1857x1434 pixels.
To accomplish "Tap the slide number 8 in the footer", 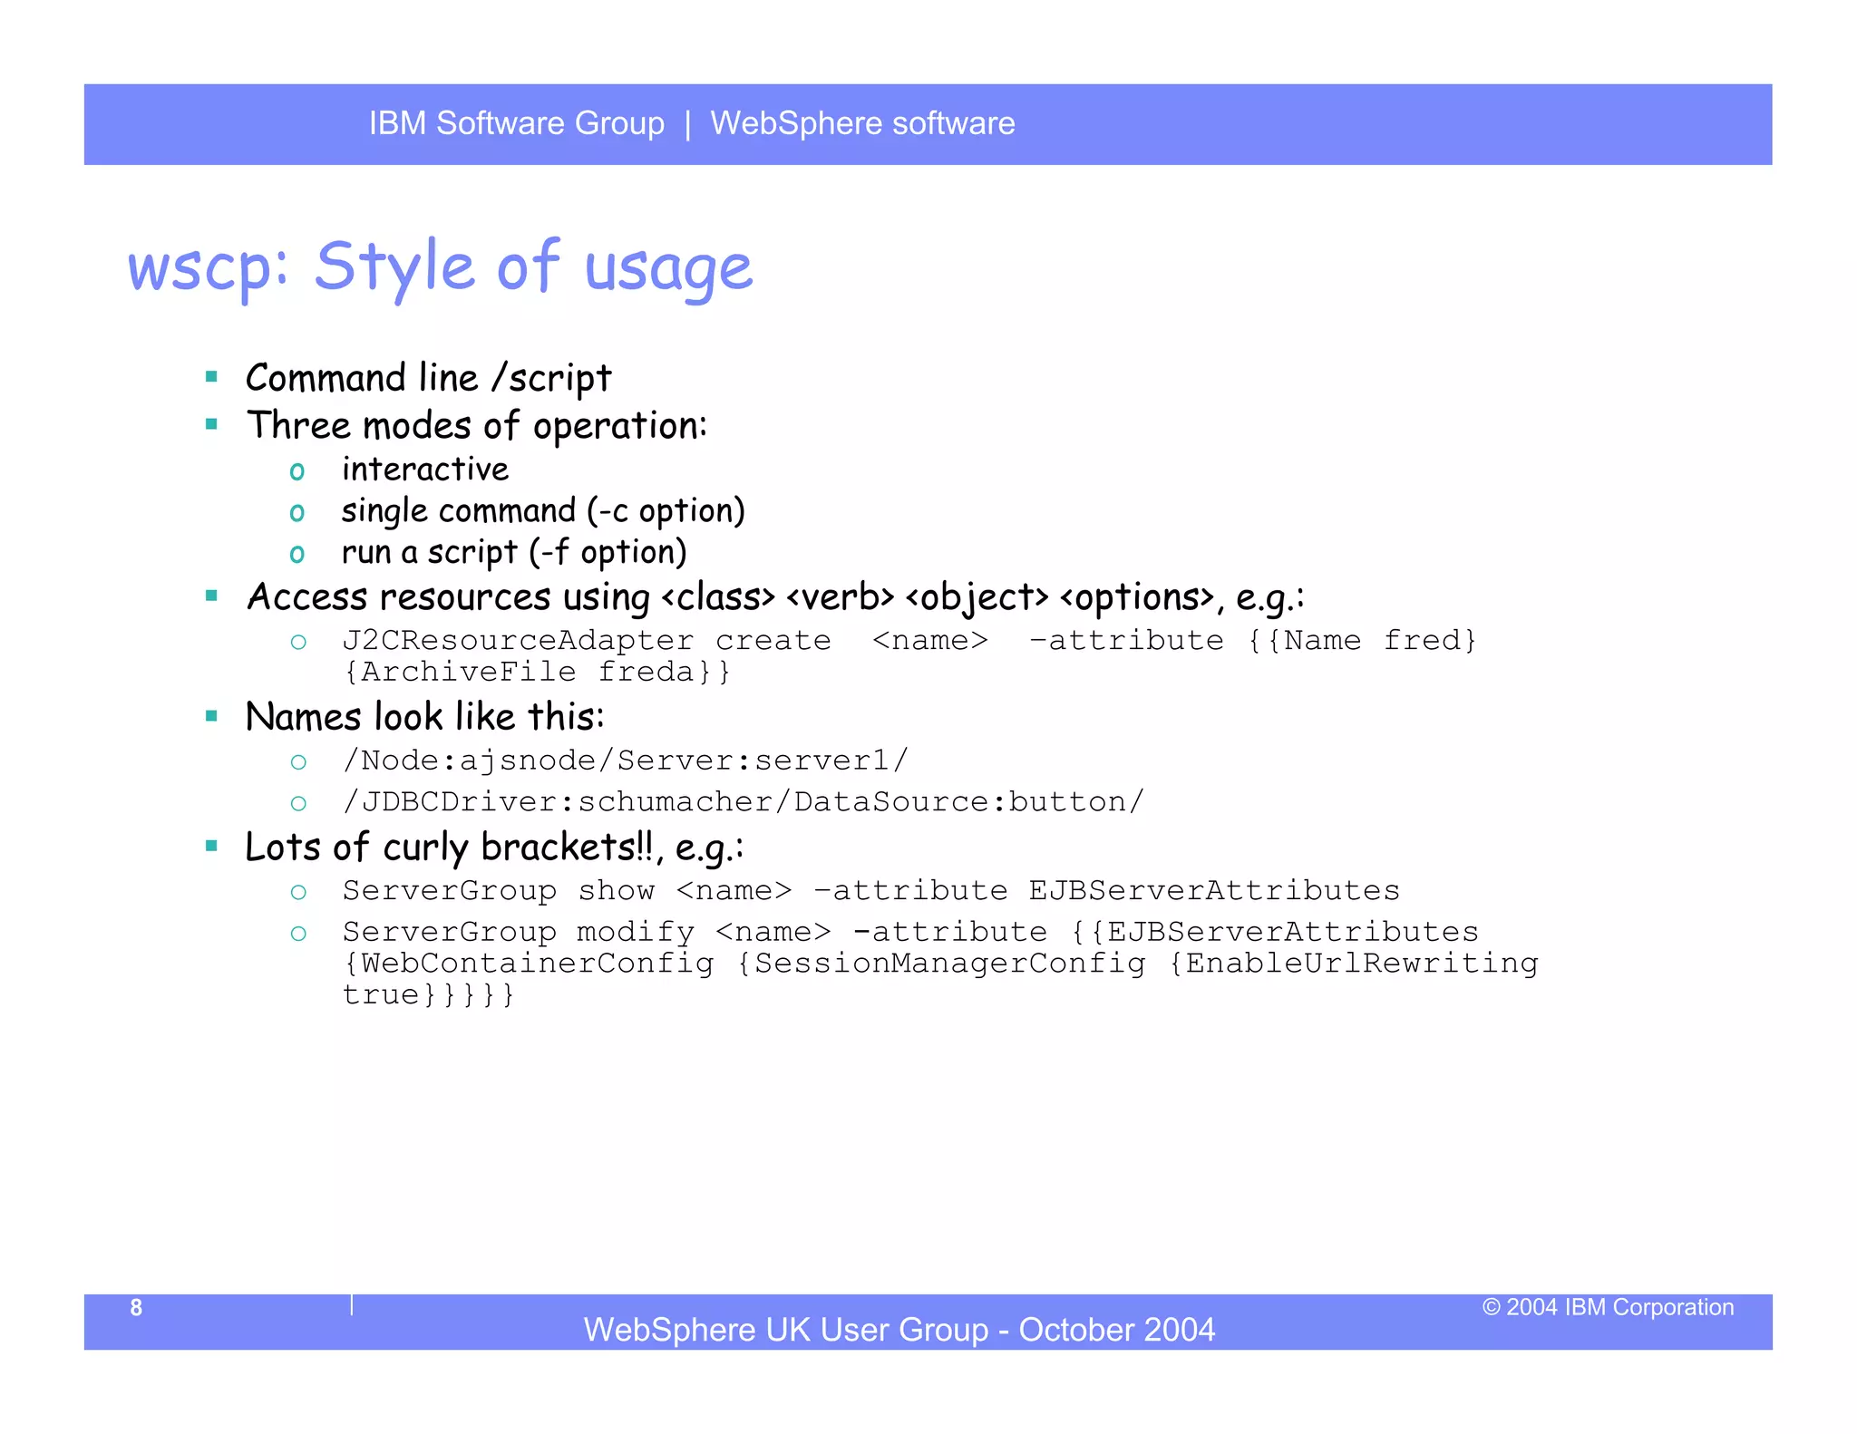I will pos(136,1307).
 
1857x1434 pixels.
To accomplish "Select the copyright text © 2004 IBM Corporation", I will pos(1608,1307).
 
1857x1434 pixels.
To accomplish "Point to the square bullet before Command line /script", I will pos(212,377).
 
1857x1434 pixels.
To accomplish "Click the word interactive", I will pos(425,470).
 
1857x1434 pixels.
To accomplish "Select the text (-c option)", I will pos(666,511).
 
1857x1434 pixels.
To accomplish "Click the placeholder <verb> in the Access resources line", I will pos(840,597).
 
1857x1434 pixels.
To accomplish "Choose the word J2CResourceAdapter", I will pos(518,641).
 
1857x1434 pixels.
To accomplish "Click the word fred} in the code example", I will pos(1430,641).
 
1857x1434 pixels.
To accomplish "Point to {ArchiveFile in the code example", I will pos(460,672).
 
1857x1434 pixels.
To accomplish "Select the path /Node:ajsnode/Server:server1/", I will pos(625,760).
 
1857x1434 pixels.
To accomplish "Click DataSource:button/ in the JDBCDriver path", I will pos(968,802).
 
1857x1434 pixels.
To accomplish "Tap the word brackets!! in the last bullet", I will pos(567,848).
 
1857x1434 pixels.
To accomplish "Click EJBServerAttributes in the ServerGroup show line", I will pos(1213,891).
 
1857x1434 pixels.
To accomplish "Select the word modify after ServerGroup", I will pos(636,932).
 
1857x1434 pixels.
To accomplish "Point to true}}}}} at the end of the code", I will pos(429,995).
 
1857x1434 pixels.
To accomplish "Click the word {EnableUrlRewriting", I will pos(1353,964).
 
